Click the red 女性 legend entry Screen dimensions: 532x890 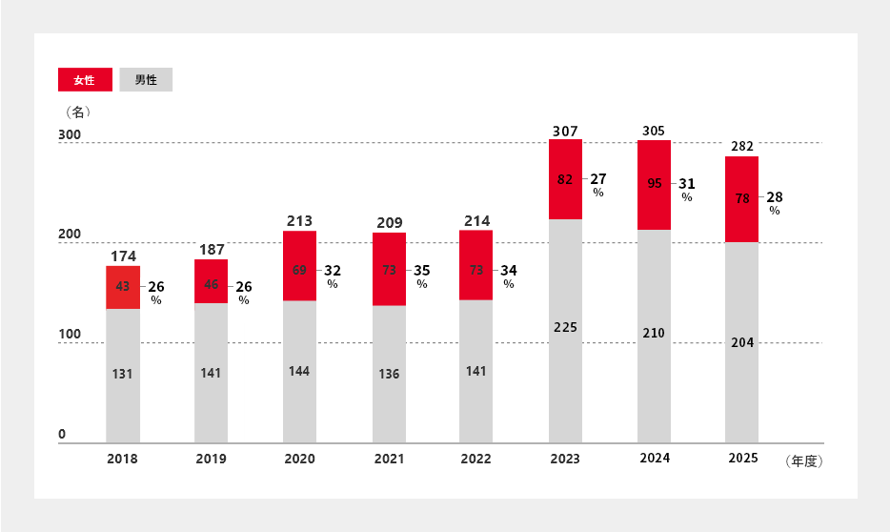(x=85, y=80)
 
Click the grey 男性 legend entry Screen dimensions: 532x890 (x=146, y=80)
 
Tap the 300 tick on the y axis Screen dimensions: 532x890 (x=70, y=135)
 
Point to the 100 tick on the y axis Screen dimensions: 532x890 (x=70, y=336)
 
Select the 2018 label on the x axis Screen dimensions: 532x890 (x=122, y=459)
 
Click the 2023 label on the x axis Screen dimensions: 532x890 (x=565, y=459)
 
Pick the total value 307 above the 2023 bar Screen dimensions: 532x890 (x=565, y=130)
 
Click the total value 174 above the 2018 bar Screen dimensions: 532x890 (x=122, y=256)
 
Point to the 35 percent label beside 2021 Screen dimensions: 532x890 (x=422, y=271)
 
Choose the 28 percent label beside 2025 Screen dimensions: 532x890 (x=775, y=197)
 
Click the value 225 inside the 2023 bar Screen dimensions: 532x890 (x=565, y=327)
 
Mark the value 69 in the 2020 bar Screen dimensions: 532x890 (x=299, y=271)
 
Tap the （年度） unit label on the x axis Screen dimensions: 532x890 (x=803, y=461)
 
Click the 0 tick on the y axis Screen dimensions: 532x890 (x=63, y=435)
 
